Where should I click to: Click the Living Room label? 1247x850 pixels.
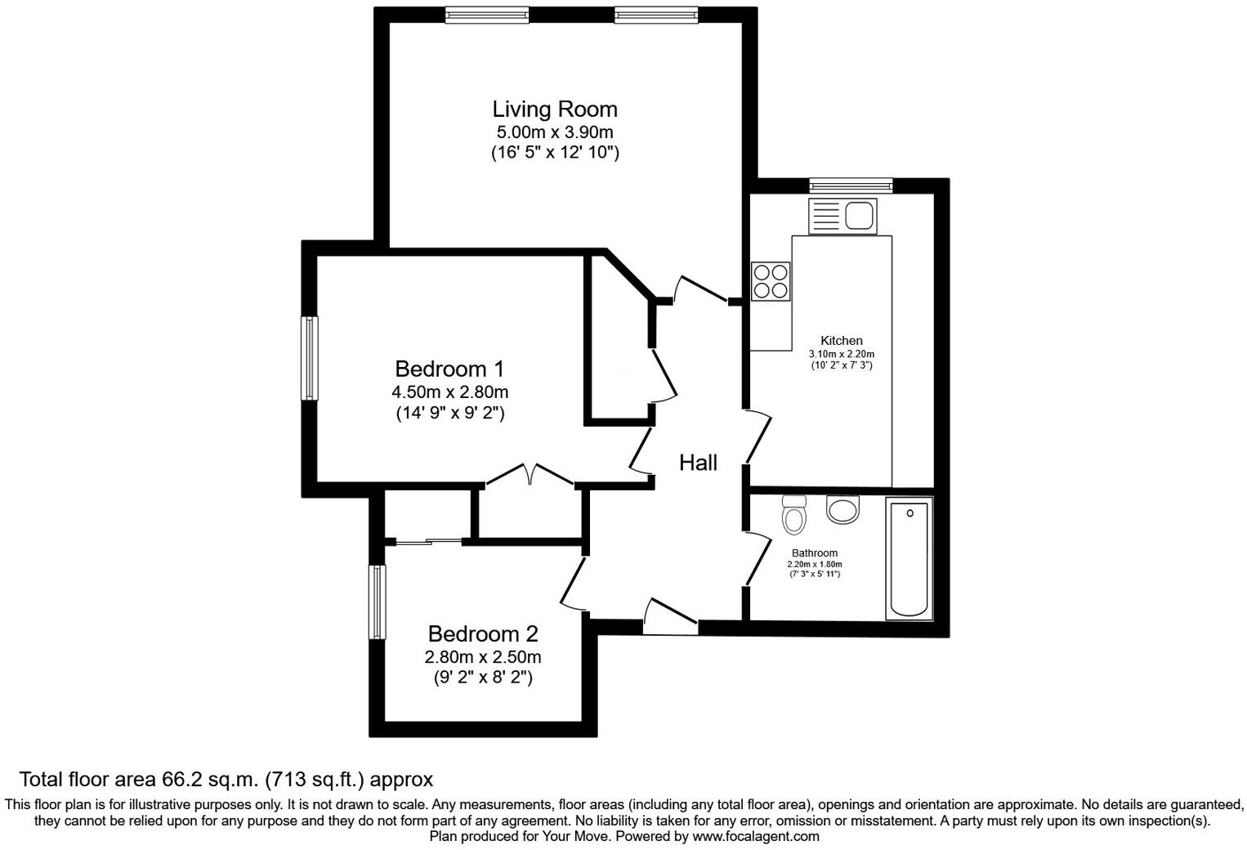coord(554,109)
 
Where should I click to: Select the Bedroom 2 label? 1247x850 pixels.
coord(482,633)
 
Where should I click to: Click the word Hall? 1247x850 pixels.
coord(698,463)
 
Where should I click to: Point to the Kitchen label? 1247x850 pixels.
coord(841,341)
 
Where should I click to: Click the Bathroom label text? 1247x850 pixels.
coord(814,553)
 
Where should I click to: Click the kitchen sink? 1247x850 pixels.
coord(843,217)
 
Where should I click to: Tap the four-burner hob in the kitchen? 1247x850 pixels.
coord(771,281)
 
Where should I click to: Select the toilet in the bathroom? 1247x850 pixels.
coord(793,514)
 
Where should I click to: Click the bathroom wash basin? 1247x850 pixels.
coord(843,509)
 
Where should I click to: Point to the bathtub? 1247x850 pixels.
coord(909,560)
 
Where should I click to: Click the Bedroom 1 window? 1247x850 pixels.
coord(309,359)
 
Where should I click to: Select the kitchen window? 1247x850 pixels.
coord(850,186)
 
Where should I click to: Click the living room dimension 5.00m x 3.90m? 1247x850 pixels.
coord(554,132)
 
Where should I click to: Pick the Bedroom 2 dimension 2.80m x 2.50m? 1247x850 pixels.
coord(482,657)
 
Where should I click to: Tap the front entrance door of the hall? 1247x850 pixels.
coord(670,618)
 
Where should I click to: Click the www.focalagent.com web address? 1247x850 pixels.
coord(755,836)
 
